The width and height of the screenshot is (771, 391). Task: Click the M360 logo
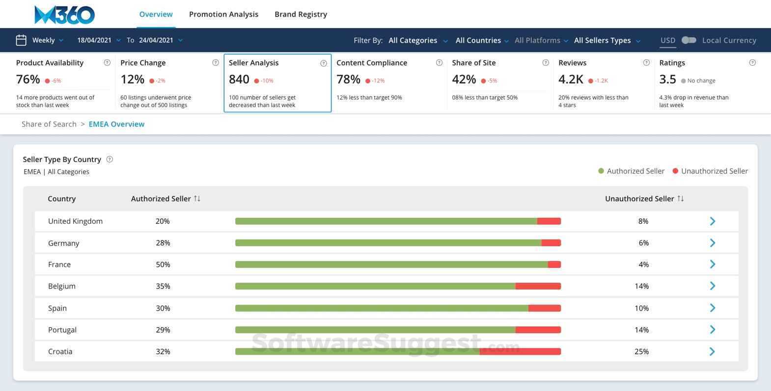pos(64,15)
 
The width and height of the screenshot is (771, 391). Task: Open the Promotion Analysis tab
pos(223,14)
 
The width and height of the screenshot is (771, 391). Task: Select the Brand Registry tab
pos(301,14)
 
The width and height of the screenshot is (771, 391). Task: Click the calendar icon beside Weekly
pos(21,40)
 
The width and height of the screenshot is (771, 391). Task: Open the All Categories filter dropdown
pos(418,40)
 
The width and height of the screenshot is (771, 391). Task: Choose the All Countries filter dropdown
pos(482,40)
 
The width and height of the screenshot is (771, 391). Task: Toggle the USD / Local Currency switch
pos(688,40)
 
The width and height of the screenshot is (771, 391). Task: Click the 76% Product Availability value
pos(28,79)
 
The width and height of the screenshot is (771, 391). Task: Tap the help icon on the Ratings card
pos(752,63)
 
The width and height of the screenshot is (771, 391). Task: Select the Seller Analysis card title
pos(253,63)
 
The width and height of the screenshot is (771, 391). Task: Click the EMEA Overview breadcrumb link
pos(116,124)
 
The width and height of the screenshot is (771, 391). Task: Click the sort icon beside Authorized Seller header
pos(197,199)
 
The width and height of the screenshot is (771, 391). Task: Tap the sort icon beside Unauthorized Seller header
pos(680,199)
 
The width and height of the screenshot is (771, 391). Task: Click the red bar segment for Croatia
pos(521,351)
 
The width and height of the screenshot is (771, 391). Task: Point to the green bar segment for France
pos(391,264)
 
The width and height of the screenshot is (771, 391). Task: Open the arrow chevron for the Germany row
pos(713,243)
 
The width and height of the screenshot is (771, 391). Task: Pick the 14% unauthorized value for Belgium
pos(641,286)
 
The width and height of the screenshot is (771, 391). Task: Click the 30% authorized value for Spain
pos(163,308)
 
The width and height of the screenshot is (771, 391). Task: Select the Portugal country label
pos(62,330)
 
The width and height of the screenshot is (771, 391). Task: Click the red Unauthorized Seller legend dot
pos(675,171)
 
